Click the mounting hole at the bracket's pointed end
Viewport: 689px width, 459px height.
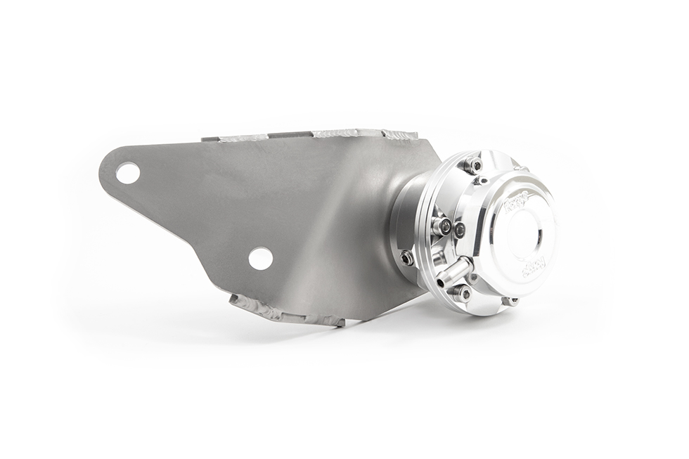point(127,172)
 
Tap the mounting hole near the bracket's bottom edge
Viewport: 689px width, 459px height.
point(260,258)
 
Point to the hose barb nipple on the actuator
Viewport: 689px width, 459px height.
point(455,271)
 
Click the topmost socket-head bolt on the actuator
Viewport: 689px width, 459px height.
point(472,164)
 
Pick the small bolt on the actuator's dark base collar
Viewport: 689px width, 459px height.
point(406,258)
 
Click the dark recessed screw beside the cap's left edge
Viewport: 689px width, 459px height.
point(459,229)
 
